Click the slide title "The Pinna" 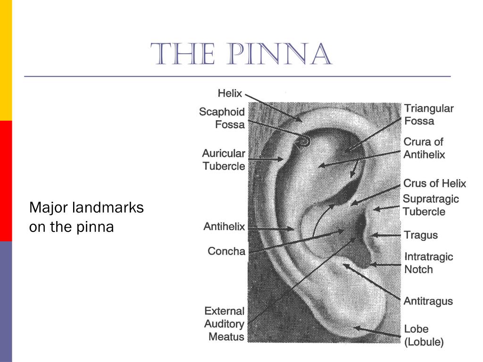(241, 54)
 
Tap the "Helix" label (230, 93)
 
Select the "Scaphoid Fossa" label (222, 118)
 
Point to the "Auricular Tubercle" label (224, 159)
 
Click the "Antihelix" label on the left (224, 227)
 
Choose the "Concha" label (226, 251)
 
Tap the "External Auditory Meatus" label (224, 324)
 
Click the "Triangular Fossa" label (429, 115)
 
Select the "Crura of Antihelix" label (424, 148)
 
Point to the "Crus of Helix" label (434, 183)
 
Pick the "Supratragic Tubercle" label (431, 205)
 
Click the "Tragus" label (421, 235)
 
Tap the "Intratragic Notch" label (428, 263)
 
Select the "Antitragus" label (428, 301)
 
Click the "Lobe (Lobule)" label (424, 336)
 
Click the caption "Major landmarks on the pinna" (87, 217)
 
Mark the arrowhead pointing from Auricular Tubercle (280, 159)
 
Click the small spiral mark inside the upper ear (304, 141)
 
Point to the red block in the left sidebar (6, 181)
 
